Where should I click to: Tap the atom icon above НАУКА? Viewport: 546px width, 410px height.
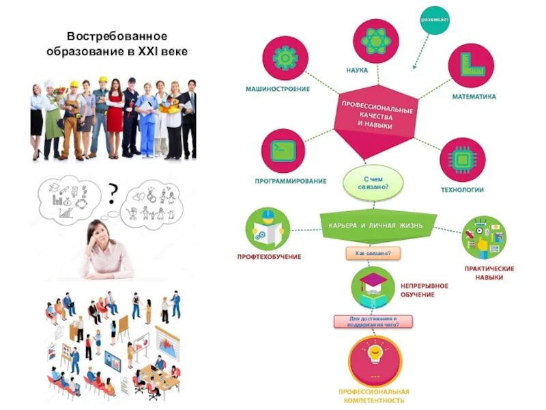coord(375,42)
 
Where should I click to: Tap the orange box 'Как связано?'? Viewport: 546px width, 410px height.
coord(373,254)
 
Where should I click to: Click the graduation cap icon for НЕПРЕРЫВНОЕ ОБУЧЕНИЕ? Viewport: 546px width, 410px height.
coord(373,287)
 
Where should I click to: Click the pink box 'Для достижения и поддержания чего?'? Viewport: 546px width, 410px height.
coord(373,321)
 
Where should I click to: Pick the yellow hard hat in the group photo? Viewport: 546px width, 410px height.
coord(103,81)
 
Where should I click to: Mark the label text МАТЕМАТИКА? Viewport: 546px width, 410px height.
coord(474,97)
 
